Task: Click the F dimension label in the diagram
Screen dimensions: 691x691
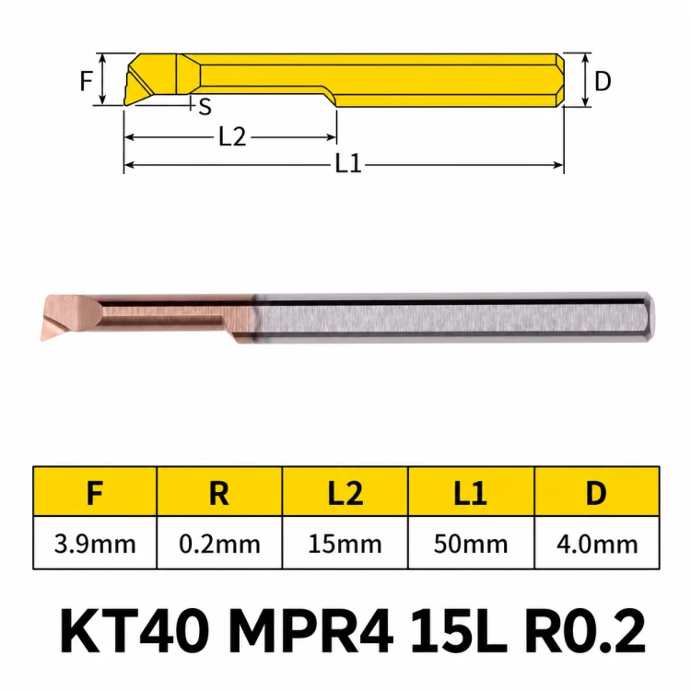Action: [87, 81]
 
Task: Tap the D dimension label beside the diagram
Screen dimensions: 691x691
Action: [603, 81]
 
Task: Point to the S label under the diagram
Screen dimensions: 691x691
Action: [205, 107]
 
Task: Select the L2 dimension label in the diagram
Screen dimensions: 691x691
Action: [232, 137]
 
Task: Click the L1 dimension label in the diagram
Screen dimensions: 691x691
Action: [348, 164]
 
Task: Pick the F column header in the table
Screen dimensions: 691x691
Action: [95, 493]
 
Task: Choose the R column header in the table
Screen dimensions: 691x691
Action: [219, 493]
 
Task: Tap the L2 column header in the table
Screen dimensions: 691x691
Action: [345, 493]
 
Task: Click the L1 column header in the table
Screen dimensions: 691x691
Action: [471, 493]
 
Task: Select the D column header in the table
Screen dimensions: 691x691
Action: [596, 493]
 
